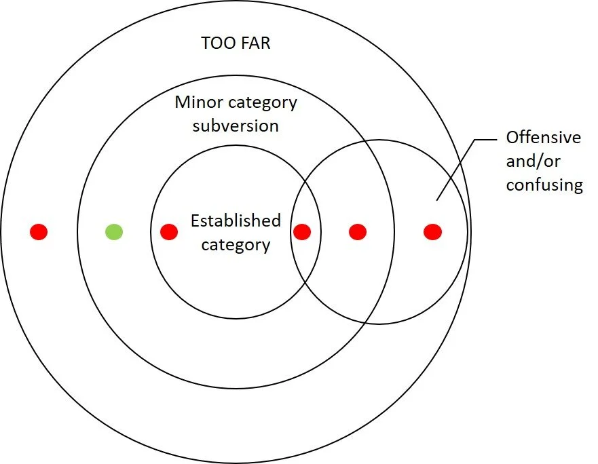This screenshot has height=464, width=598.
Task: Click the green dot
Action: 114,232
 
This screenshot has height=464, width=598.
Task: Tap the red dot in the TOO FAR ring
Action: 39,232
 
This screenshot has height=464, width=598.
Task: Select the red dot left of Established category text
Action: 169,232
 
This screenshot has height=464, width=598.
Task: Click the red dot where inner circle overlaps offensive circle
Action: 302,232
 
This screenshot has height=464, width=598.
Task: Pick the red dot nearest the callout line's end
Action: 432,232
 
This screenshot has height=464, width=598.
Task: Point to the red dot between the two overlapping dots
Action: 358,232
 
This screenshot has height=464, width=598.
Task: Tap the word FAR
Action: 255,43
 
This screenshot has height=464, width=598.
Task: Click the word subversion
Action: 236,126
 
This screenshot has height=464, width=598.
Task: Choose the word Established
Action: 236,221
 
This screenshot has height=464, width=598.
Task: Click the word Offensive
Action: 544,138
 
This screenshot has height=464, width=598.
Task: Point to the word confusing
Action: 544,185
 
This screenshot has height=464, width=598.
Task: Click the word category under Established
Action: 236,244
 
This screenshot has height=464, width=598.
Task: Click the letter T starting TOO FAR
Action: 206,43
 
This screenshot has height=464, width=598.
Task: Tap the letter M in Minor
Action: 181,103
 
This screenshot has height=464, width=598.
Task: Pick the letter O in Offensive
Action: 512,138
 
